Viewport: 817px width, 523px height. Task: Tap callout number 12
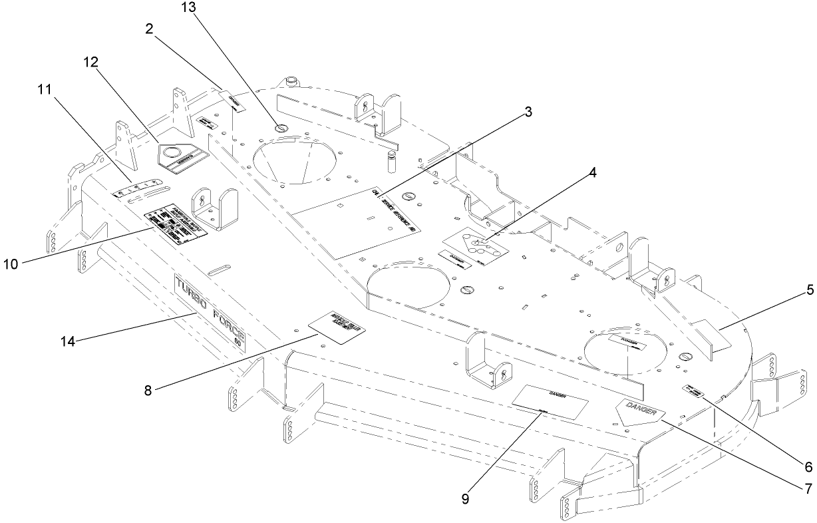pyautogui.click(x=90, y=62)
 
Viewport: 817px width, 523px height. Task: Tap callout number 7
pyautogui.click(x=808, y=489)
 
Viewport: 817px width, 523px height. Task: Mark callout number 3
pyautogui.click(x=528, y=112)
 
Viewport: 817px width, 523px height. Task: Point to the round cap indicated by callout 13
pyautogui.click(x=281, y=128)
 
